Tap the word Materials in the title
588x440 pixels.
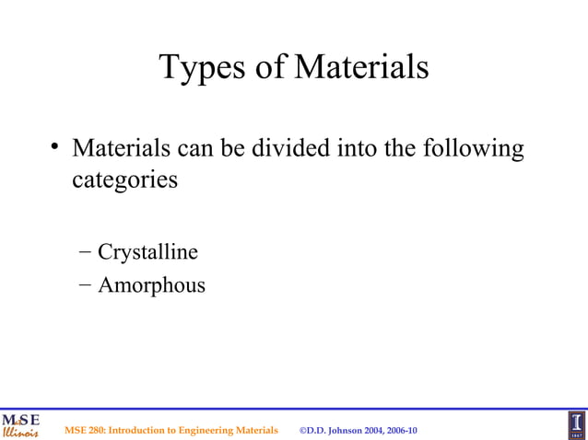359,67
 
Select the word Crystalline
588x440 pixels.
147,251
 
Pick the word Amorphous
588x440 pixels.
151,285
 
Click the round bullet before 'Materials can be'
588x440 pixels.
56,147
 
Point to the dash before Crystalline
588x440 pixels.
85,251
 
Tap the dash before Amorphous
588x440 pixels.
85,285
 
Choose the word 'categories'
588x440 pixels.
124,179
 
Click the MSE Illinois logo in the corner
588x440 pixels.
20,424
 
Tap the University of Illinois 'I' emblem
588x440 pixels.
575,424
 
